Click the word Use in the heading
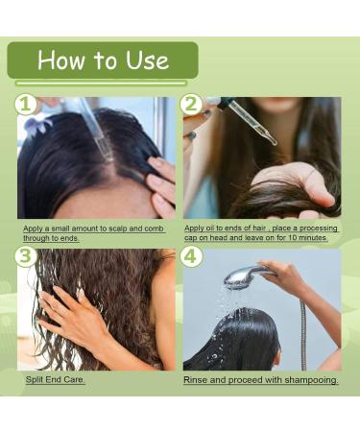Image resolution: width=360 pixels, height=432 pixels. (x=147, y=60)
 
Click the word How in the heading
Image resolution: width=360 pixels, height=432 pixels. (x=60, y=60)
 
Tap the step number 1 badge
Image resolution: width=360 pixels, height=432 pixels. (x=26, y=105)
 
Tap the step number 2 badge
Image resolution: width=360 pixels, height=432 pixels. (x=191, y=104)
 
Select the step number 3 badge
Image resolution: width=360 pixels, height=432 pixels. (x=26, y=256)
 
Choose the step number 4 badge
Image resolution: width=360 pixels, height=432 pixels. (x=191, y=256)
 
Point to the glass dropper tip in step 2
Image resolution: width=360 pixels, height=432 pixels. (x=275, y=142)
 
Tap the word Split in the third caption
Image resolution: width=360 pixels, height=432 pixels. (x=35, y=380)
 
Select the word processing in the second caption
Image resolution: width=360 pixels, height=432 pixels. (x=318, y=228)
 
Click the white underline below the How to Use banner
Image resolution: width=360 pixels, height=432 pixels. (x=101, y=84)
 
